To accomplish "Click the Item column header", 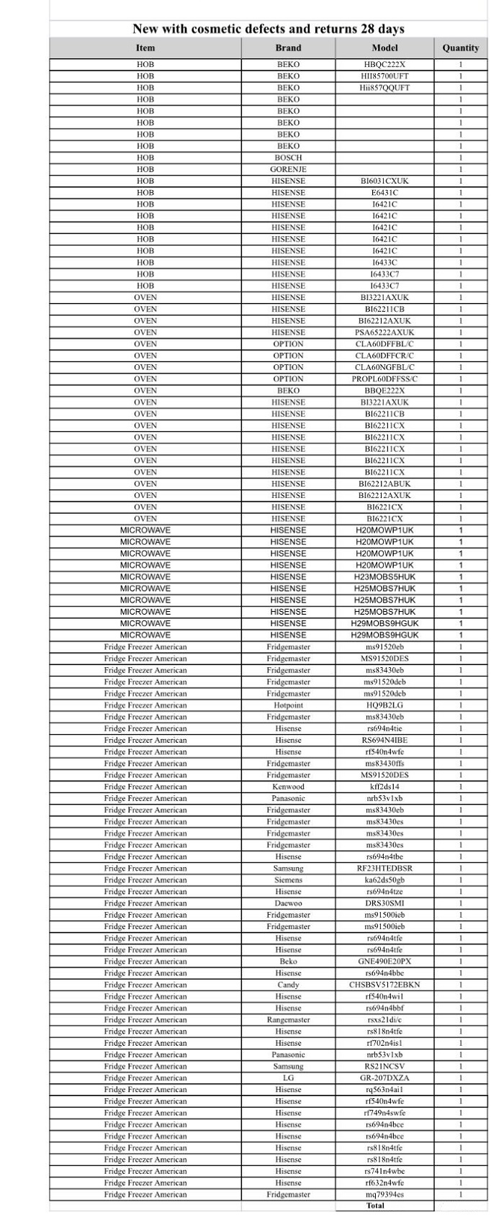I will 145,48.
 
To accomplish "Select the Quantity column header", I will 461,48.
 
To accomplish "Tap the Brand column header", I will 288,48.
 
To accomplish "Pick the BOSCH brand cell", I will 288,158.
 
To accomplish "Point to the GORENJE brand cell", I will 288,169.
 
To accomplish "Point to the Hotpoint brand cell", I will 288,705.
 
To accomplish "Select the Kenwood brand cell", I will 288,787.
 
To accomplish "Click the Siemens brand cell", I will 288,880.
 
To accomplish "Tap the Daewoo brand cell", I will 288,903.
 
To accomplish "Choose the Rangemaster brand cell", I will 288,1020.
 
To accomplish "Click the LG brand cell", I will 288,1078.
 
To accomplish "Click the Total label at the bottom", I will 375,1206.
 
